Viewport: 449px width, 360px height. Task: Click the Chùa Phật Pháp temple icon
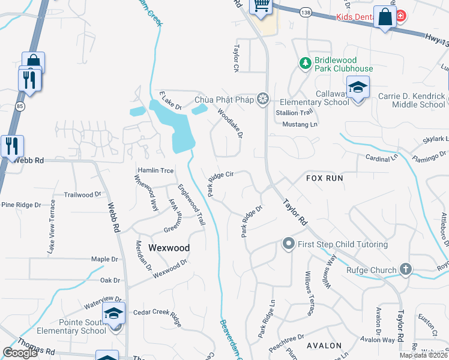coord(262,99)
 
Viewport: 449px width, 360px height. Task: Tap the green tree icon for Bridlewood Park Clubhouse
coord(306,62)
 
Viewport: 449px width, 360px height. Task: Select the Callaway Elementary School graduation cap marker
coord(358,89)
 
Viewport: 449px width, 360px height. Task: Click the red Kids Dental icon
coord(400,16)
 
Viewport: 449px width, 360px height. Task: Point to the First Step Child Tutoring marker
coord(288,244)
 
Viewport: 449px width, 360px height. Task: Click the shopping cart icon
coord(261,6)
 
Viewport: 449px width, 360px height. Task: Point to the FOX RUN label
coord(324,178)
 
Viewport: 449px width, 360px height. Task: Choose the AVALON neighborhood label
coord(324,346)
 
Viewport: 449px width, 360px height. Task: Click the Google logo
coord(20,353)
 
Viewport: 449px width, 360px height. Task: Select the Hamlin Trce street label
coord(155,171)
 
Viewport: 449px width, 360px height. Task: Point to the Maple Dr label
coord(104,259)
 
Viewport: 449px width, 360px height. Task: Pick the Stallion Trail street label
coord(294,112)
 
